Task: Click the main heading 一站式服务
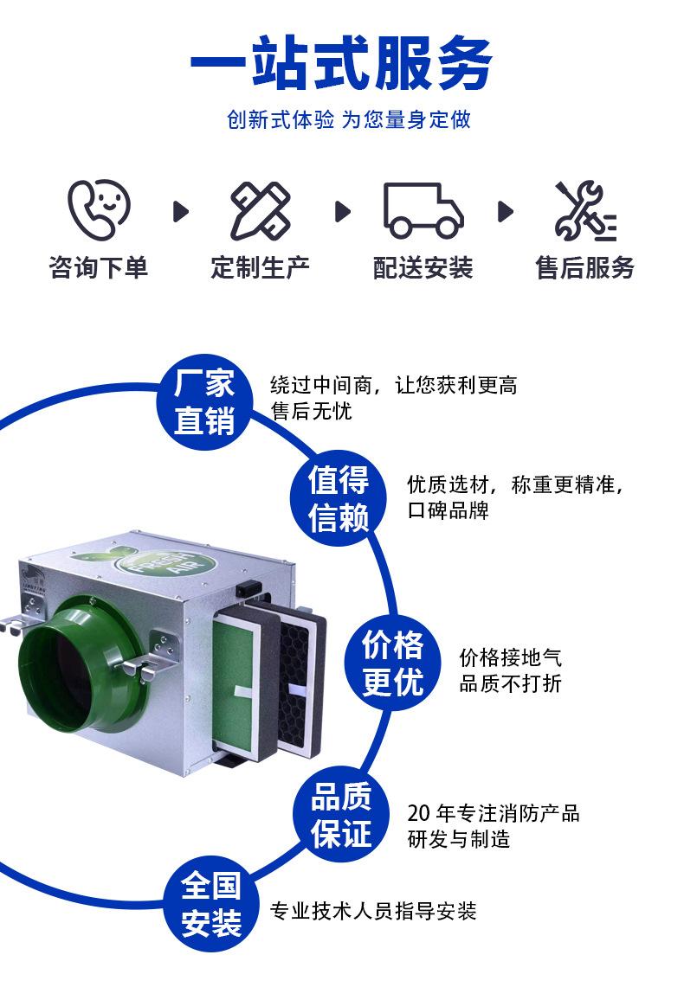coord(341,64)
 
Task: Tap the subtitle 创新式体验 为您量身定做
coord(348,119)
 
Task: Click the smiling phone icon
coord(99,209)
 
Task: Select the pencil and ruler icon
coord(260,210)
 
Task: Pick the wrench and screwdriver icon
coord(584,210)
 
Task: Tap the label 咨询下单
coord(99,267)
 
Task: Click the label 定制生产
coord(260,267)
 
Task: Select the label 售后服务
coord(584,267)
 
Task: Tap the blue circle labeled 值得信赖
coord(339,498)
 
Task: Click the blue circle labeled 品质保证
coord(341,815)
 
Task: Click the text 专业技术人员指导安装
coord(373,911)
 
